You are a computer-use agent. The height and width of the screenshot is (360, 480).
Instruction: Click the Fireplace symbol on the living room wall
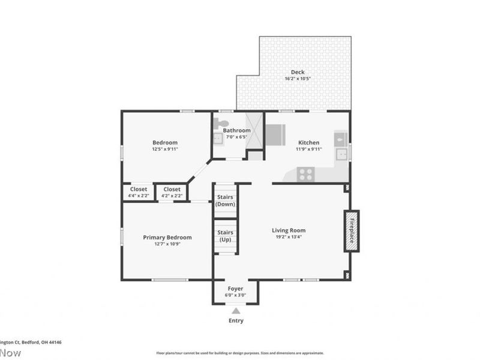tap(352, 230)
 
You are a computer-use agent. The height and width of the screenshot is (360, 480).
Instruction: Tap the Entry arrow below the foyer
tap(236, 311)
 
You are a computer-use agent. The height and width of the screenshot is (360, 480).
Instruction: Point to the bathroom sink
tap(217, 139)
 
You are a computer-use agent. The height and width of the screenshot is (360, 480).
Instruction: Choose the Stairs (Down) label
tap(225, 200)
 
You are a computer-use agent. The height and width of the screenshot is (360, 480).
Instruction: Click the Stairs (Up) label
tap(225, 235)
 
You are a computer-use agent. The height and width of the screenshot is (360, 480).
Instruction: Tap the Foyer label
tap(236, 288)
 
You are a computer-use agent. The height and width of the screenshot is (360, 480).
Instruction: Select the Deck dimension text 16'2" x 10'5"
tap(298, 79)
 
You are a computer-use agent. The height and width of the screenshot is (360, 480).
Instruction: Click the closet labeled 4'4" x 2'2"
tap(139, 195)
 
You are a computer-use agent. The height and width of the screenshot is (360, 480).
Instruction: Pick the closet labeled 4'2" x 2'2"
tap(172, 195)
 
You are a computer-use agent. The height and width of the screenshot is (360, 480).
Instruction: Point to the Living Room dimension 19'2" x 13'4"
tap(289, 236)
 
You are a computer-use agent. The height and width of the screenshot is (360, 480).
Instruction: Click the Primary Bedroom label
tap(167, 237)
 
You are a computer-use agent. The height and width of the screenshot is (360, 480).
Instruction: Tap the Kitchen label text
tap(309, 142)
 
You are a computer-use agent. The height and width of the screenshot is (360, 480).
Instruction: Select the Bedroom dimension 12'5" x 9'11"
tap(164, 149)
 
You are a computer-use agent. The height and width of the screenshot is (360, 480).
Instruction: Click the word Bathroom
tap(236, 130)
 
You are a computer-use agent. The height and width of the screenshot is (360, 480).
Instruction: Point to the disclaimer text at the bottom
tap(240, 353)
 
